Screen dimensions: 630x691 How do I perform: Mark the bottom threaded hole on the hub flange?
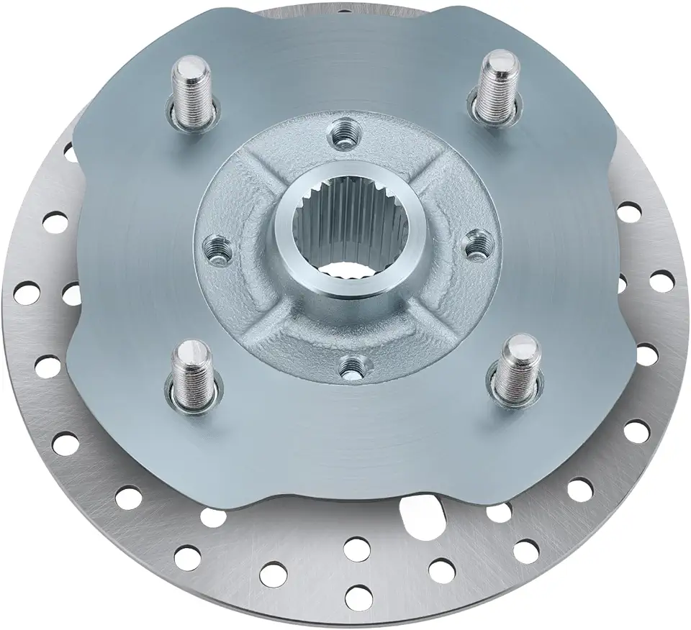351,369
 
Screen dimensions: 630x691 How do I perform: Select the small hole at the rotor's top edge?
348,9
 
